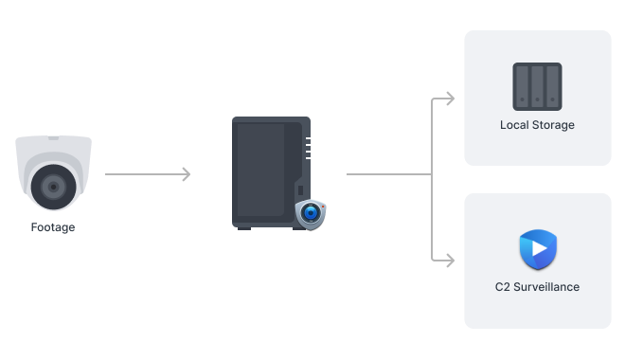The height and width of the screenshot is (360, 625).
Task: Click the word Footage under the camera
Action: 52,227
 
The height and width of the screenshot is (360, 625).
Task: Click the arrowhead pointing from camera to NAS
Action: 187,174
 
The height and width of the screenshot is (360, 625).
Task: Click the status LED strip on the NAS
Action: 307,148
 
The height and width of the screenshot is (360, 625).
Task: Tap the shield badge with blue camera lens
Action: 310,214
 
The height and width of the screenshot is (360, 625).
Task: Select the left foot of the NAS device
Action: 244,226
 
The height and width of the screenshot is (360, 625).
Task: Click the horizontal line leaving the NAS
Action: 388,174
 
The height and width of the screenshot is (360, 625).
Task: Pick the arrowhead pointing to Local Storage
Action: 449,98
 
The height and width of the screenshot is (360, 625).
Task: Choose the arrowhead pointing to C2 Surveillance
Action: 449,260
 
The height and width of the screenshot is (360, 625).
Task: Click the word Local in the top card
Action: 515,125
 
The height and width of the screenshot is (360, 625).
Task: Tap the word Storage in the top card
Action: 553,125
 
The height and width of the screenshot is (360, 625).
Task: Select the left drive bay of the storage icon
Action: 524,86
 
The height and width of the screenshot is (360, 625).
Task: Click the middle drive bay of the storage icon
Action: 537,86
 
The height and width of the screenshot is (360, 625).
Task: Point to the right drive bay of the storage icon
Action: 551,86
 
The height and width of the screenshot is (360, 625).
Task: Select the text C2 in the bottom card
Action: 503,286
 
